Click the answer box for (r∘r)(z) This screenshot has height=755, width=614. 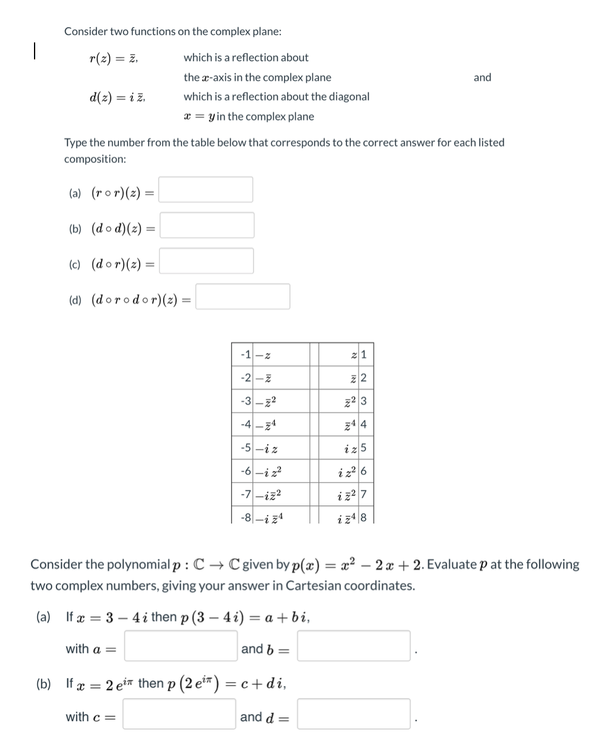tap(206, 190)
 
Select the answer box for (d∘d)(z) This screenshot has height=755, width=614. tap(207, 225)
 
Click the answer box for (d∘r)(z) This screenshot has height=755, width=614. tap(207, 261)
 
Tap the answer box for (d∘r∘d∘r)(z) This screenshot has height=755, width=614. tap(243, 297)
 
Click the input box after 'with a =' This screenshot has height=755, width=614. tap(181, 646)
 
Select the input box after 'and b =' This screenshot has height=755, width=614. tap(354, 646)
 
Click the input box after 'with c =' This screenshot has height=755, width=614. tap(180, 714)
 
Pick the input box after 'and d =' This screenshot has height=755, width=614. tap(354, 714)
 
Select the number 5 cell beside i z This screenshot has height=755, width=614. tap(363, 449)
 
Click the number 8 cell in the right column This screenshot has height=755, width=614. tap(363, 518)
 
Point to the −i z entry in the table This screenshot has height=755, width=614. tap(268, 449)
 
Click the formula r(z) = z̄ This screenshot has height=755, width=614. tap(113, 58)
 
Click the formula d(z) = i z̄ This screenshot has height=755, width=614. tap(116, 97)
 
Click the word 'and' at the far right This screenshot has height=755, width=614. tap(482, 78)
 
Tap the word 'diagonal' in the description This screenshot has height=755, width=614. tap(348, 96)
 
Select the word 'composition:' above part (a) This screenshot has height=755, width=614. tap(95, 159)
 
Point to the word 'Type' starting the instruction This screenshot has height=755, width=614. tap(75, 142)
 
